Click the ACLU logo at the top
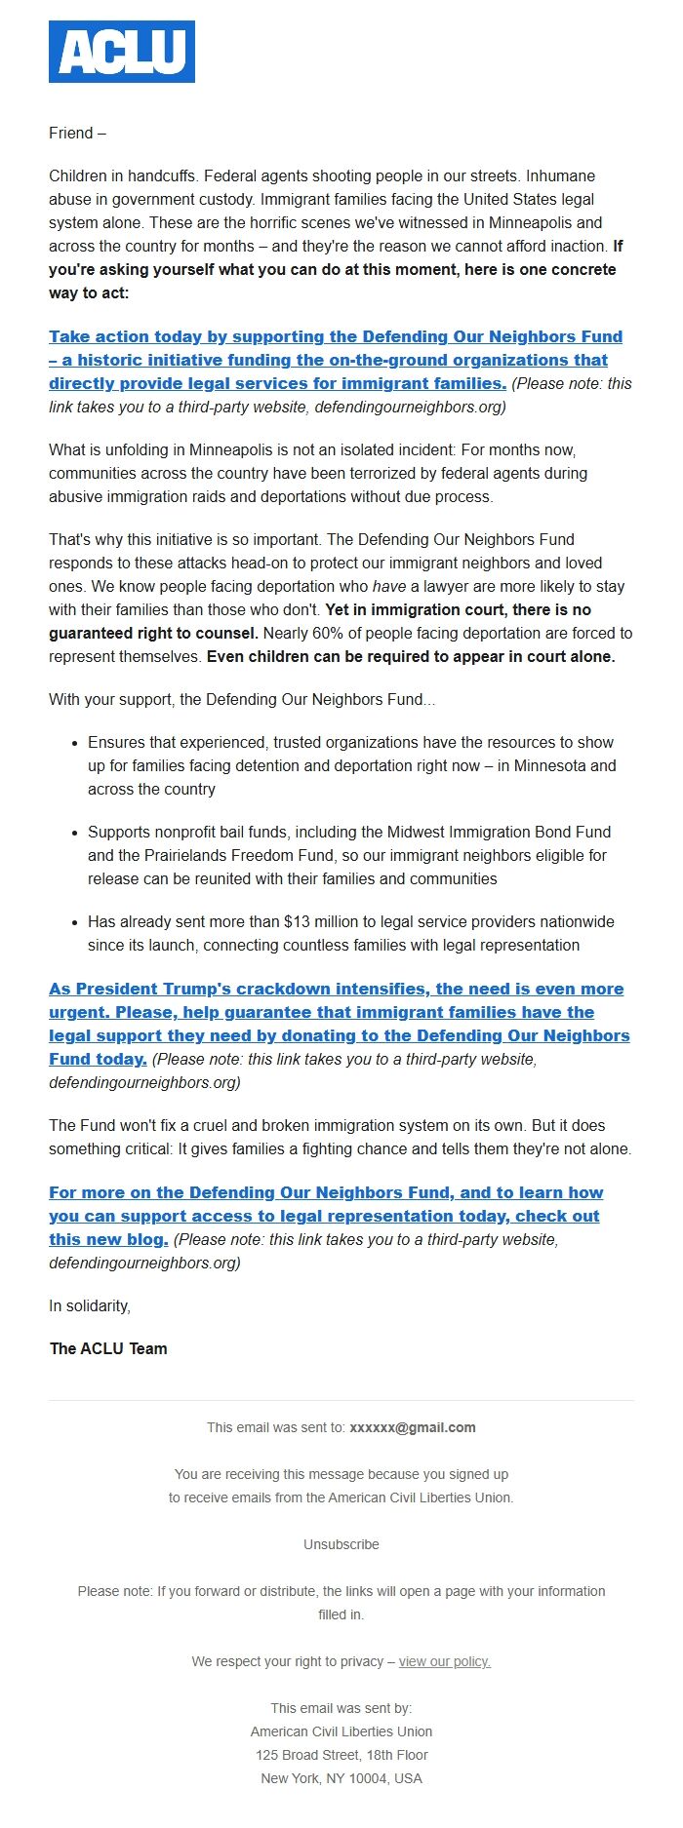(122, 52)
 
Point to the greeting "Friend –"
(77, 134)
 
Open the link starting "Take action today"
(335, 337)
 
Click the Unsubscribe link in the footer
(341, 1545)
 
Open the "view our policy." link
(444, 1662)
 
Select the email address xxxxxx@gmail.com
(412, 1428)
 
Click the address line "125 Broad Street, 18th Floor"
(341, 1756)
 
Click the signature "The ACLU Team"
(108, 1349)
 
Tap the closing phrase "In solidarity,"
(90, 1306)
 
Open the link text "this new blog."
(108, 1240)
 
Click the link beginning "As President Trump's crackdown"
(336, 990)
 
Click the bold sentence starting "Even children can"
(411, 657)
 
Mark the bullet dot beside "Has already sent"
(75, 922)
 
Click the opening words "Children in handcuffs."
(124, 176)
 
